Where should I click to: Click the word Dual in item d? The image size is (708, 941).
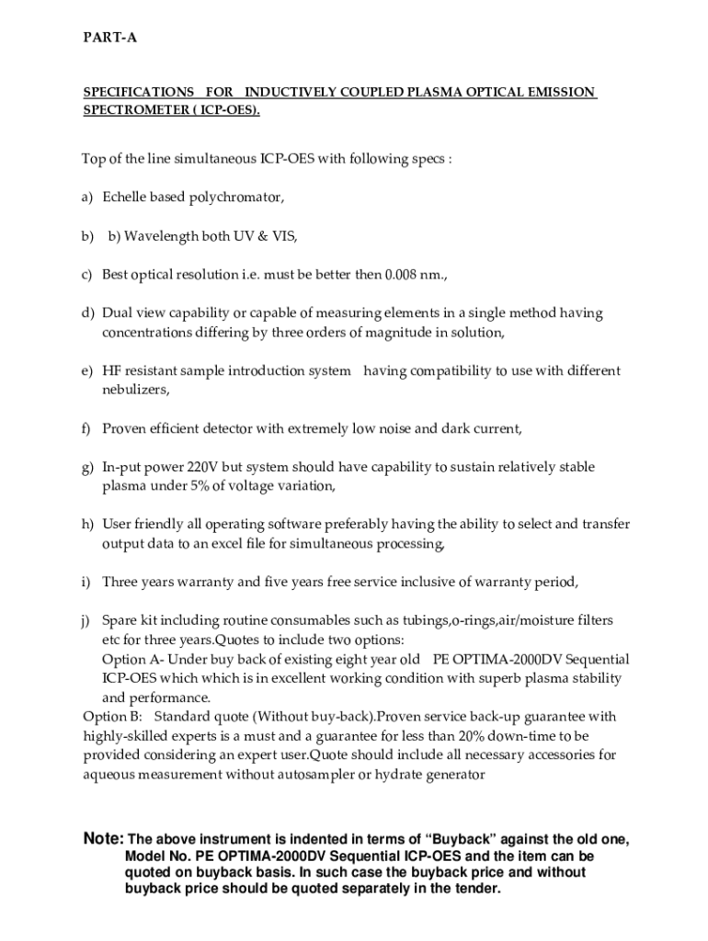(x=117, y=313)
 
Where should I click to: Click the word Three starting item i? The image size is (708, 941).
(x=120, y=582)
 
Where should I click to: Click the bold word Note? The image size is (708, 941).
(x=103, y=839)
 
